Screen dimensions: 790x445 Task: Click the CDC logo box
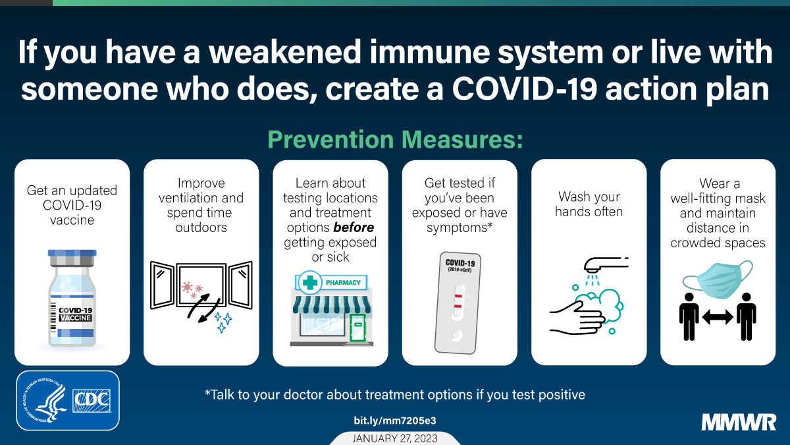click(x=68, y=400)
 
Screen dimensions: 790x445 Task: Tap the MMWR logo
click(x=739, y=423)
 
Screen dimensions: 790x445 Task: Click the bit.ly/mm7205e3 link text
click(x=395, y=421)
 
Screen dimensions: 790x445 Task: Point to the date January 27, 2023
click(x=395, y=438)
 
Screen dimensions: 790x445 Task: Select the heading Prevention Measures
click(x=395, y=140)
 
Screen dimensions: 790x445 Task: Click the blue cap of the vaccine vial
click(x=72, y=253)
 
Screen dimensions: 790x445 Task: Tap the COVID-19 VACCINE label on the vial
click(x=75, y=314)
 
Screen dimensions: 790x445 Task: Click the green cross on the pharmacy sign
click(x=310, y=283)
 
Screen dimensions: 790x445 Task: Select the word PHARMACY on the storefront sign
click(x=343, y=283)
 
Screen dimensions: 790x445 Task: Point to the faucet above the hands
click(x=606, y=265)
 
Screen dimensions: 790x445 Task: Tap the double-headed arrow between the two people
click(x=718, y=317)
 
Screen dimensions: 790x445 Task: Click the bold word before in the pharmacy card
click(x=354, y=227)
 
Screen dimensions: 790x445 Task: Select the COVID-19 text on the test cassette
click(x=460, y=263)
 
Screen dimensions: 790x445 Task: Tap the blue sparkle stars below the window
click(x=223, y=322)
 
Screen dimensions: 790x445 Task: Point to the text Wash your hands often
click(x=589, y=204)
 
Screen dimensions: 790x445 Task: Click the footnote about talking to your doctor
click(x=395, y=394)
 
